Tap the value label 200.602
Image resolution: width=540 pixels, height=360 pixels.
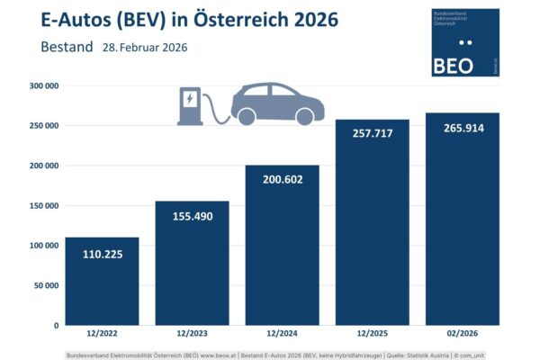coord(282,179)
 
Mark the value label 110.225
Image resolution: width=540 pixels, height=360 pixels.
coord(102,255)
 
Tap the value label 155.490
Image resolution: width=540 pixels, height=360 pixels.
coord(192,219)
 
